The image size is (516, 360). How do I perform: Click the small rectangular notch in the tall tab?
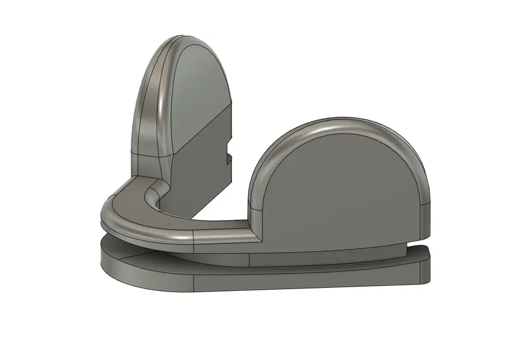(229, 158)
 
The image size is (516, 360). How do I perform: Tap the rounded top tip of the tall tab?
(183, 39)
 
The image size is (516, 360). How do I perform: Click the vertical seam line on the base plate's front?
(195, 282)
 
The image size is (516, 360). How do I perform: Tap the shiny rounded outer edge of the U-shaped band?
(132, 228)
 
